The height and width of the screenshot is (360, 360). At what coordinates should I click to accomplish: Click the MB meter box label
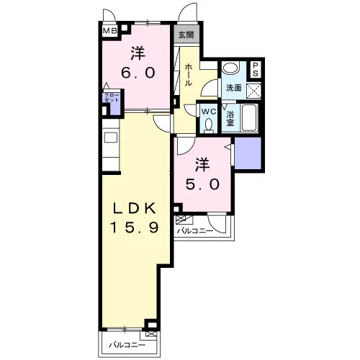(x=110, y=31)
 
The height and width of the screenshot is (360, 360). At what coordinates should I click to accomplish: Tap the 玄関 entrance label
(x=186, y=35)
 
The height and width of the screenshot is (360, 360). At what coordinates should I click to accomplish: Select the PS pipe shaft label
(x=256, y=69)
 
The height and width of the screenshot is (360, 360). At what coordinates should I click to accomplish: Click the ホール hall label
(x=189, y=75)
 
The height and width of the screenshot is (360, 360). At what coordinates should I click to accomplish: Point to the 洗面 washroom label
(x=234, y=88)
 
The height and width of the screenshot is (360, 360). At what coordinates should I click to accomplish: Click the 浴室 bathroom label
(x=230, y=119)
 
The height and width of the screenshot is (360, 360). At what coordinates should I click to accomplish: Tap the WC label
(x=209, y=112)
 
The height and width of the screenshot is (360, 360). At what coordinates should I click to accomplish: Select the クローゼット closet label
(x=112, y=98)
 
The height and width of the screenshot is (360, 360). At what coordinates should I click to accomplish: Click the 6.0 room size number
(x=138, y=73)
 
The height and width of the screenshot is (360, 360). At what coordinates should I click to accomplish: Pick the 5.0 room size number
(x=202, y=184)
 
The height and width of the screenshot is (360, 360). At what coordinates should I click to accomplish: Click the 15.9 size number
(x=135, y=228)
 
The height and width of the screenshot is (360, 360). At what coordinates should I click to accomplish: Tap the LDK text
(x=135, y=208)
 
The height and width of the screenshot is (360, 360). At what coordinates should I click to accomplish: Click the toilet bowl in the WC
(x=209, y=126)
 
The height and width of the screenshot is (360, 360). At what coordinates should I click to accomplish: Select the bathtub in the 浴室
(x=249, y=117)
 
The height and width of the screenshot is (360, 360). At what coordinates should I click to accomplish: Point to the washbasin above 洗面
(x=230, y=68)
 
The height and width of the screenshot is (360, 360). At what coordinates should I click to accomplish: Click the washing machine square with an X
(x=253, y=90)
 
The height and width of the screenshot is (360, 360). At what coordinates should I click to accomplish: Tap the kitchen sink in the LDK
(x=111, y=138)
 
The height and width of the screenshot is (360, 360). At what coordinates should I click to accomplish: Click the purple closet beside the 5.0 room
(x=248, y=153)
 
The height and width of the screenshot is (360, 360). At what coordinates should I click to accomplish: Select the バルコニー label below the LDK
(x=127, y=346)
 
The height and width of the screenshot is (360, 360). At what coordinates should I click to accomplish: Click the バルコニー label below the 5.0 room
(x=195, y=231)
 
